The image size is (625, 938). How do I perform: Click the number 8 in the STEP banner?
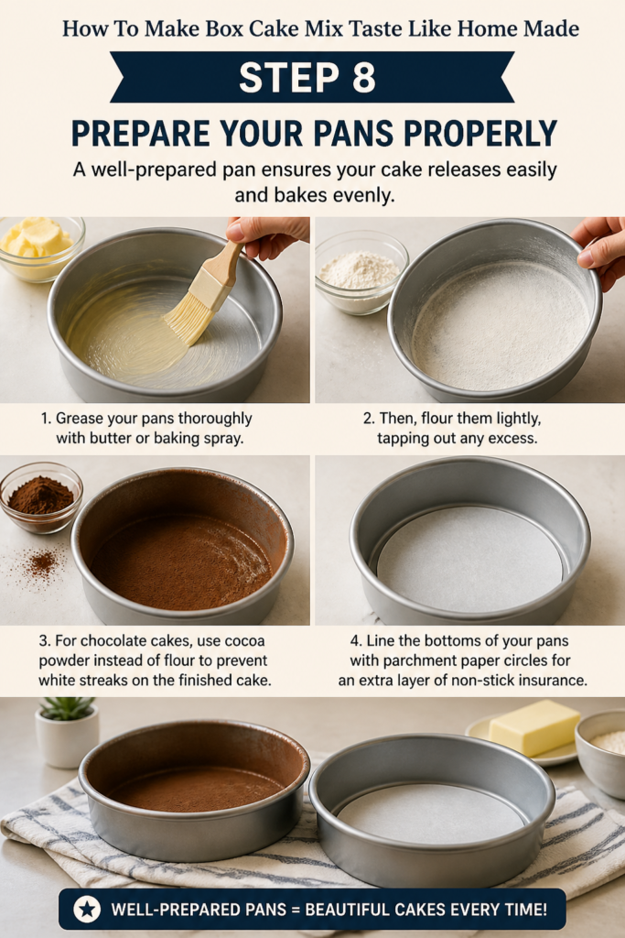coord(364,77)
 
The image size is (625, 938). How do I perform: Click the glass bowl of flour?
coord(361,272)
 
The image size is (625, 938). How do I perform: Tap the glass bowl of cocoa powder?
coord(40,497)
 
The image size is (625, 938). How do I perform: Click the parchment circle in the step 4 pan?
coord(469,560)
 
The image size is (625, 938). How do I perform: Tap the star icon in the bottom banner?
coord(87,910)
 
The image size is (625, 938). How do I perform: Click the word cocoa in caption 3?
coord(243,640)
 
